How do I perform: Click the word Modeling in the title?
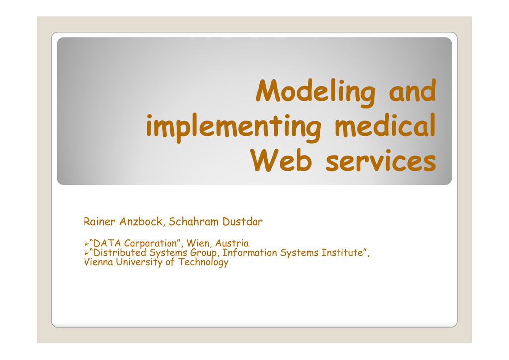[x=316, y=92]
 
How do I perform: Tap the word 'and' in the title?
[x=412, y=90]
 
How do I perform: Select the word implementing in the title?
[x=234, y=128]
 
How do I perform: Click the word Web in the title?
[x=281, y=160]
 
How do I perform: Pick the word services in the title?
[x=381, y=161]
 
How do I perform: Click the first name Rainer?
[x=99, y=221]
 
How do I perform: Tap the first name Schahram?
[x=193, y=221]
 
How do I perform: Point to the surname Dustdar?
[x=243, y=221]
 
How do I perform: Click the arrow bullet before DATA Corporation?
[x=86, y=243]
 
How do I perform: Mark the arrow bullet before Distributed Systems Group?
[x=86, y=253]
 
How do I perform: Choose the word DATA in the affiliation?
[x=107, y=243]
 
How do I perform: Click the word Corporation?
[x=150, y=244]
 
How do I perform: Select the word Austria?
[x=232, y=243]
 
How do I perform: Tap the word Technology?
[x=203, y=262]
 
